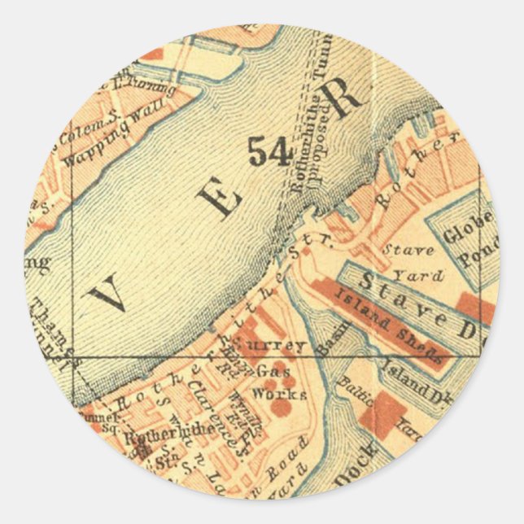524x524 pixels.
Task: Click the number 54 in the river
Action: [x=269, y=151]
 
